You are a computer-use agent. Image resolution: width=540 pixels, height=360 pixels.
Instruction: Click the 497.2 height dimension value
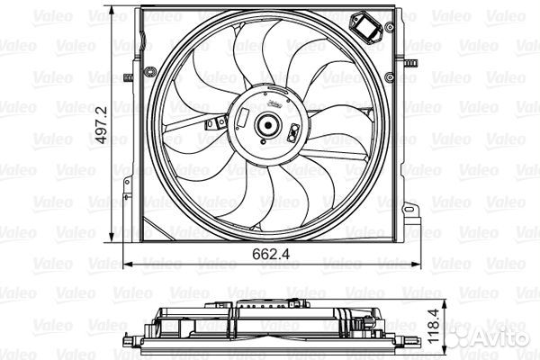[x=102, y=125]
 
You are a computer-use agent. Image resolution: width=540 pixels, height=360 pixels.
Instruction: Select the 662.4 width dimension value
[x=271, y=254]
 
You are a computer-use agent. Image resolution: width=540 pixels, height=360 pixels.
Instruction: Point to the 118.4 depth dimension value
[x=434, y=326]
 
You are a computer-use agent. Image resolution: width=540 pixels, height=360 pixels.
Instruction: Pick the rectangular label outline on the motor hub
[x=243, y=117]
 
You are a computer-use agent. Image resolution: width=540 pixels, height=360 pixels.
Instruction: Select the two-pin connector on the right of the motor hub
[x=293, y=132]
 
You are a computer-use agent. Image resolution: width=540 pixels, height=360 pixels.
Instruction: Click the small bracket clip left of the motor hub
[x=216, y=123]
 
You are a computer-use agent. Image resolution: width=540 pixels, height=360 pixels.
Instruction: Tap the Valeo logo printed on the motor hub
[x=275, y=103]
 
